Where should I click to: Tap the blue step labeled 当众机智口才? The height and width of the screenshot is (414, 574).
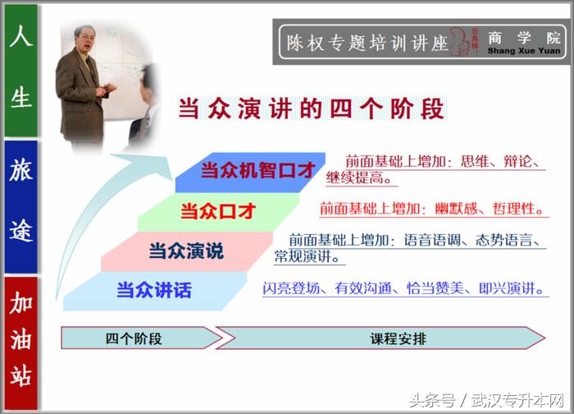coord(257,171)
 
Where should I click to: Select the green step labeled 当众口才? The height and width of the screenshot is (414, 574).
coord(217,211)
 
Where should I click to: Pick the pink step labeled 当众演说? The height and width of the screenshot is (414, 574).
coord(185,251)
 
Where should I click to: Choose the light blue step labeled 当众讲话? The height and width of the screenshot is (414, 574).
coord(153,290)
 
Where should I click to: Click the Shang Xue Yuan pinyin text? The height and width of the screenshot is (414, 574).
coord(524,51)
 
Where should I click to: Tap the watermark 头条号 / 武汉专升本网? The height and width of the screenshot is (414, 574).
coord(484,400)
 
